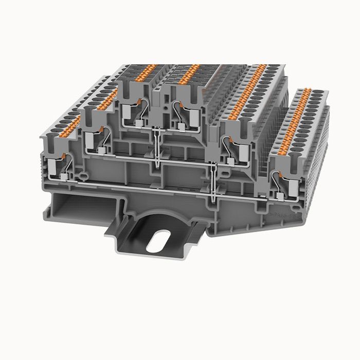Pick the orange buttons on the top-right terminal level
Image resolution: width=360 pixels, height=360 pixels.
click(188, 73)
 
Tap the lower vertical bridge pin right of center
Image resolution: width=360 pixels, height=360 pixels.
click(212, 180)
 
